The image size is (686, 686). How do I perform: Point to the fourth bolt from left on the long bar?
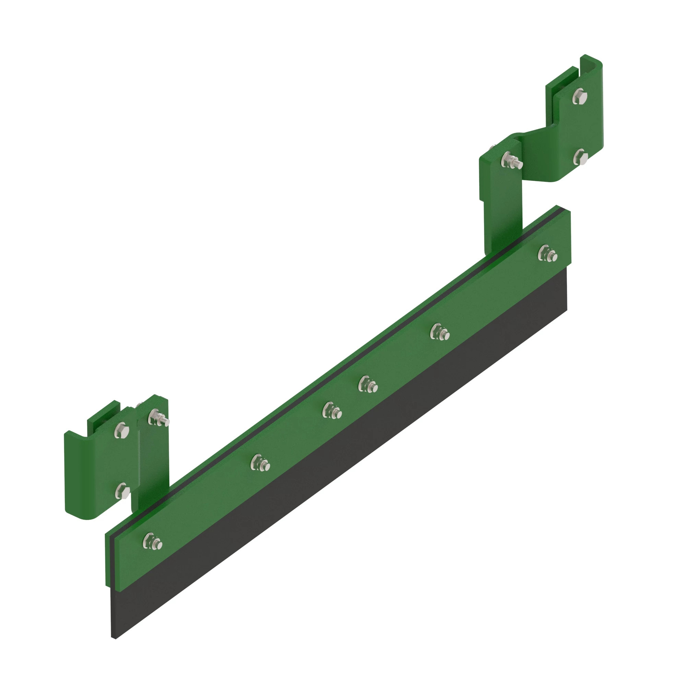(368, 385)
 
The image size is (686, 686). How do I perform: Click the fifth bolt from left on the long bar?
(440, 332)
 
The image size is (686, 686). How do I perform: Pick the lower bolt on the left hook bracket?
(123, 490)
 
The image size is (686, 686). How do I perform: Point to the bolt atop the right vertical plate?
(510, 161)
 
